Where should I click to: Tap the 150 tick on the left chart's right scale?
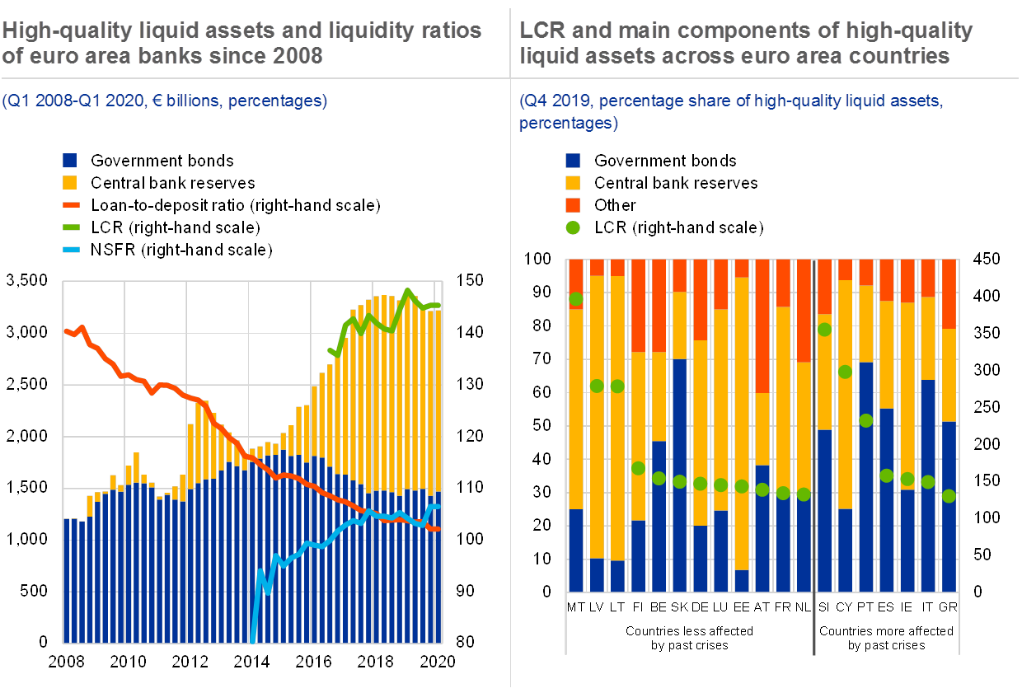coord(467,281)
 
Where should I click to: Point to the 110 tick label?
coord(467,487)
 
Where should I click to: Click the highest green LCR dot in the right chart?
coord(576,298)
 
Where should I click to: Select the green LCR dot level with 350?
coord(824,330)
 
